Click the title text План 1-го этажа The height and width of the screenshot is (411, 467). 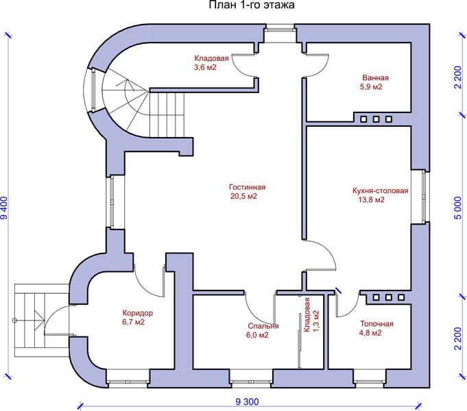coord(252,6)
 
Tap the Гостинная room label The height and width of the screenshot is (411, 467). coord(247,187)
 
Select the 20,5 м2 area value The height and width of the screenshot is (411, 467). coord(243,197)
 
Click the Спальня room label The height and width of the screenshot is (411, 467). coord(263,326)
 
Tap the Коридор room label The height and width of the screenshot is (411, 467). coord(133,313)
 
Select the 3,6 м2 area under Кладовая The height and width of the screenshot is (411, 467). coord(205,68)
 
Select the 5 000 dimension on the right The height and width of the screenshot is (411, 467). coord(457,208)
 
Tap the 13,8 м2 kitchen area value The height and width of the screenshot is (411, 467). coord(370,201)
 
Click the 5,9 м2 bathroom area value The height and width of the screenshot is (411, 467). coord(371,87)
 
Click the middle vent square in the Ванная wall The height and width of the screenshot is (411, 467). coord(376,119)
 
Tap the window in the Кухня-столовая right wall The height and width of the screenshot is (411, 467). coord(424,195)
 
